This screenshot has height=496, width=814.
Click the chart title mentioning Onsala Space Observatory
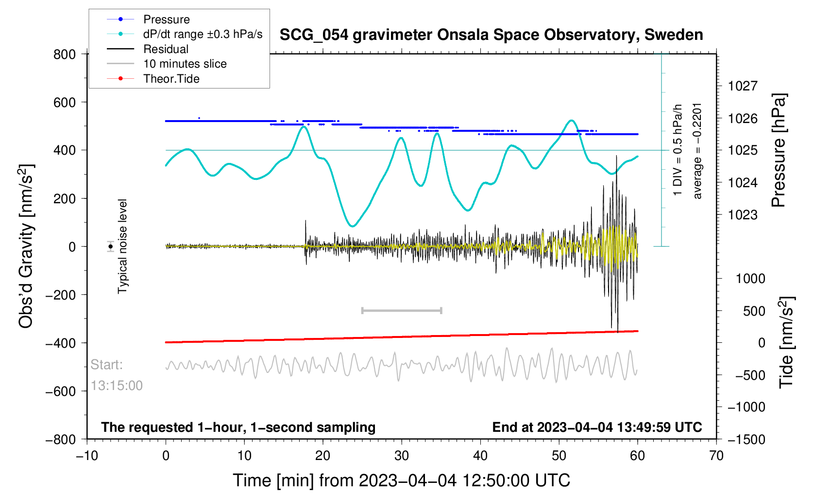[x=492, y=35]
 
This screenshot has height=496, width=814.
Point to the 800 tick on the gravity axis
[x=64, y=54]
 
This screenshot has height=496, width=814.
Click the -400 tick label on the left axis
[x=60, y=343]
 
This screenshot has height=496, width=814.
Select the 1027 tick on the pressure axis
[x=743, y=86]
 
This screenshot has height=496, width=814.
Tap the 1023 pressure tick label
[x=743, y=215]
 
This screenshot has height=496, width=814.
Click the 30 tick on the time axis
[x=402, y=456]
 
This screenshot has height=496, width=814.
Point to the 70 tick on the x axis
[x=716, y=456]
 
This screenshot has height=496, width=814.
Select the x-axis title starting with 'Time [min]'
[x=402, y=480]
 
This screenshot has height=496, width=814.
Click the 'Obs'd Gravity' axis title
[x=26, y=247]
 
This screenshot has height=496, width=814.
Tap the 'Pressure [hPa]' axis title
[x=779, y=150]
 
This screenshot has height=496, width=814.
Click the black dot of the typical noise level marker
[x=110, y=247]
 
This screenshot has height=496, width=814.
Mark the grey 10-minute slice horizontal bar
[x=402, y=310]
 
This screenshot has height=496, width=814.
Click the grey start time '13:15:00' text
[x=117, y=386]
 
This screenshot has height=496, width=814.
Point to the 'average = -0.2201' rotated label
[x=697, y=151]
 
